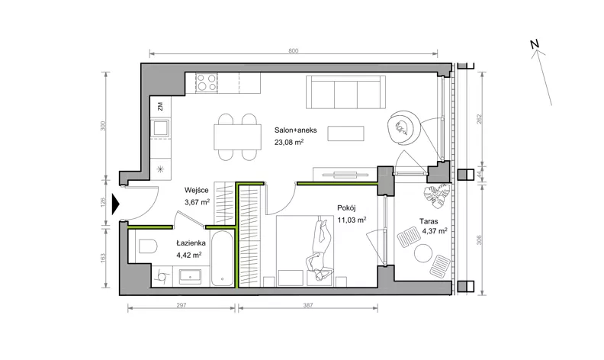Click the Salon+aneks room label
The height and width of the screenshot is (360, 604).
295,130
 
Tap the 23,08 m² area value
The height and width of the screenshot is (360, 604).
289,142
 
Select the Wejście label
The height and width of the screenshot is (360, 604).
197,191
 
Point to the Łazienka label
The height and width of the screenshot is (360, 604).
191,243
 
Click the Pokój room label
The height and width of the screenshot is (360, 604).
346,208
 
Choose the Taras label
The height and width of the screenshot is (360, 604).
429,222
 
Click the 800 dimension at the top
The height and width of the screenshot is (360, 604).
293,51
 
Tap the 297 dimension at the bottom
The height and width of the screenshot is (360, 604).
182,305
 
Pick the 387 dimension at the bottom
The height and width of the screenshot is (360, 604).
308,305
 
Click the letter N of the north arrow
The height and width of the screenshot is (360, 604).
535,44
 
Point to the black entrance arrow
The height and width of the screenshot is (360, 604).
116,204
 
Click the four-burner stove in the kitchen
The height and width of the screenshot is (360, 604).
207,82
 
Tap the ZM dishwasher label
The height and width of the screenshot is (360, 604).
160,106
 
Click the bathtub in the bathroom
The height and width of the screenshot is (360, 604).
222,259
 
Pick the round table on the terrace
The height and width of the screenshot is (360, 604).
422,253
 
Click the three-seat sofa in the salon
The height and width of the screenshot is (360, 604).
346,92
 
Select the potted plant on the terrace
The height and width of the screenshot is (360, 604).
437,195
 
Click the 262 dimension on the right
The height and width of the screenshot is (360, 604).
480,119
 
